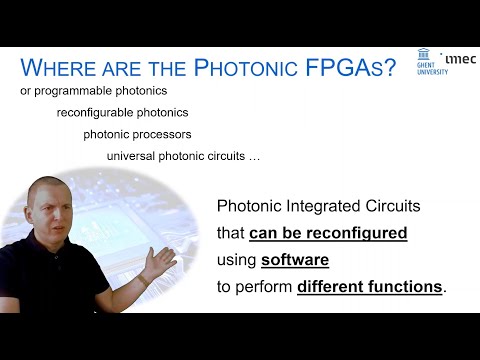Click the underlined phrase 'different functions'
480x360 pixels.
(370, 286)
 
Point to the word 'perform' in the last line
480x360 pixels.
(266, 286)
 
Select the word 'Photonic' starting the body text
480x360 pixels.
(251, 206)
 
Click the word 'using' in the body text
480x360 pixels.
(237, 260)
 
